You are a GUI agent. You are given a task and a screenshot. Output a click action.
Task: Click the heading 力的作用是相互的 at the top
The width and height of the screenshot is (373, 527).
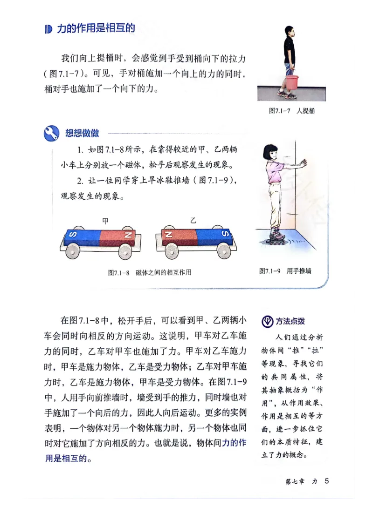point(96,28)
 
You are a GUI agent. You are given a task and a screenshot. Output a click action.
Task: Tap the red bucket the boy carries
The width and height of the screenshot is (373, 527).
point(292,83)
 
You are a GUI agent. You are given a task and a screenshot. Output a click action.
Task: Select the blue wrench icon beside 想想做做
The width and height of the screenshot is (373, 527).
point(51,133)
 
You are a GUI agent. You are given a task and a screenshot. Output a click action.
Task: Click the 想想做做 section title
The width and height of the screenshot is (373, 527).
point(82,134)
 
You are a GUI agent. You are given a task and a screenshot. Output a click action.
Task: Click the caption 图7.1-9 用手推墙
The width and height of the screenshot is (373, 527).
point(285,271)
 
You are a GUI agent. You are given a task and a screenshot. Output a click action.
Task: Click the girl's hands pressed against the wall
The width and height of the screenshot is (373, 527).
point(304,163)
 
